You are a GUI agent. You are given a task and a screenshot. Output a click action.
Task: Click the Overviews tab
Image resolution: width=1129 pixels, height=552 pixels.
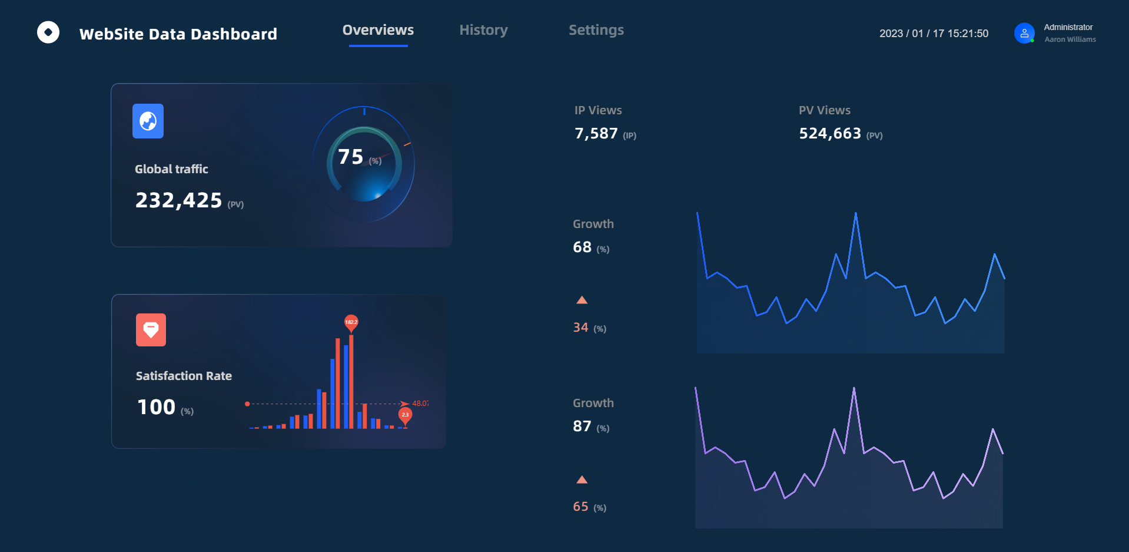click(378, 30)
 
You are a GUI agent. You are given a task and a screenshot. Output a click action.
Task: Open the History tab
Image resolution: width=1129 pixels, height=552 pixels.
click(483, 30)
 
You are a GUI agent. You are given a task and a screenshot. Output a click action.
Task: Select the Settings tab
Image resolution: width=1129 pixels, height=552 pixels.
click(596, 30)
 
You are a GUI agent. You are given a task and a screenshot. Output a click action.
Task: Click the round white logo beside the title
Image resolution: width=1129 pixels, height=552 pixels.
click(48, 32)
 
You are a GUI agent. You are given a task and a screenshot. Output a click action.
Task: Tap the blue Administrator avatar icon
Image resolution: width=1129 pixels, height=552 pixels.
click(1024, 33)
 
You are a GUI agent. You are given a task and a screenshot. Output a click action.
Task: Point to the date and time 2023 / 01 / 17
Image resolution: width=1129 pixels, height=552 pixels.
click(934, 34)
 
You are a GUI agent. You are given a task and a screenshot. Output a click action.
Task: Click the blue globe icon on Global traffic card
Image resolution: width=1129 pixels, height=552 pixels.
click(148, 121)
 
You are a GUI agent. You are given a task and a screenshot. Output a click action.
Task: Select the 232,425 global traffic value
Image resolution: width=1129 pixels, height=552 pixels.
click(178, 200)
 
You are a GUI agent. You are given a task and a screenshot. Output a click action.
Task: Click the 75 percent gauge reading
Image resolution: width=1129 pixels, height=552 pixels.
click(351, 157)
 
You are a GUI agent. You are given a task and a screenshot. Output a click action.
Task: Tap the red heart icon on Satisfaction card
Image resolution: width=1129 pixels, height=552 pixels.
click(151, 330)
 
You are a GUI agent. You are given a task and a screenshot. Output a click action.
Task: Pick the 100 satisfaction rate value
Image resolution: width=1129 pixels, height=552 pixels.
click(156, 407)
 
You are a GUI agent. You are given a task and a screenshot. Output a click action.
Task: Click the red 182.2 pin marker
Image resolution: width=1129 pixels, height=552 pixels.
click(351, 322)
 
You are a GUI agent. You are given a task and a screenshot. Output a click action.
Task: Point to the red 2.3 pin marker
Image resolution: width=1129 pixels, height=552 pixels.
click(405, 415)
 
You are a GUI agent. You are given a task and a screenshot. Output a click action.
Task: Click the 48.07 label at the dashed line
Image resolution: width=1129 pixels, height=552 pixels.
click(420, 404)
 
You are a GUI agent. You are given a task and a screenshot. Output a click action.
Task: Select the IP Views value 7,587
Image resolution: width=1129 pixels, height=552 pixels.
click(596, 134)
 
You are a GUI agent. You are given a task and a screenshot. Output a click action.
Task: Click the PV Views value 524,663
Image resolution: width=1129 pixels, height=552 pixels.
click(829, 134)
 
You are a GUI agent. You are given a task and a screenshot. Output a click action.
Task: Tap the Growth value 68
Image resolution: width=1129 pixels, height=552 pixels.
click(582, 247)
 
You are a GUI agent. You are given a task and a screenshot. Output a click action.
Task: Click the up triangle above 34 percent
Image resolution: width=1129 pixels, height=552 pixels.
click(582, 300)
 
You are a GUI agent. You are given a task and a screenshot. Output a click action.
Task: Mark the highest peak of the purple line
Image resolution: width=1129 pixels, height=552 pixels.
click(854, 388)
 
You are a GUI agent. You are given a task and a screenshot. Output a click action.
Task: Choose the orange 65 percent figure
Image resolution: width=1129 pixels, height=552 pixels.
click(580, 507)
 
